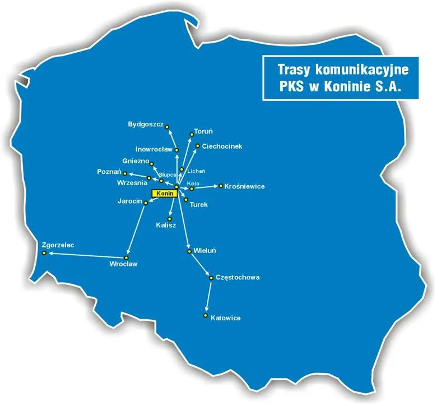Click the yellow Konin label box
[x=164, y=193]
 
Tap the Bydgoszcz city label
[x=145, y=123]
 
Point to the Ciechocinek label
[x=222, y=146]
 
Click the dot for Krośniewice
[x=221, y=186]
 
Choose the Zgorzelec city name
[x=58, y=245]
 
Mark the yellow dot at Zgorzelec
[x=44, y=253]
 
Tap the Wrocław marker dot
[x=126, y=257]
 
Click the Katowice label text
[x=226, y=318]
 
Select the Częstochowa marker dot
[x=211, y=278]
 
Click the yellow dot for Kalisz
[x=169, y=218]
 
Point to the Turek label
[x=199, y=205]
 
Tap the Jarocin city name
[x=129, y=200]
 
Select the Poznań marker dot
[x=125, y=173]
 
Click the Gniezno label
[x=135, y=161]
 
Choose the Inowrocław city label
[x=154, y=149]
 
